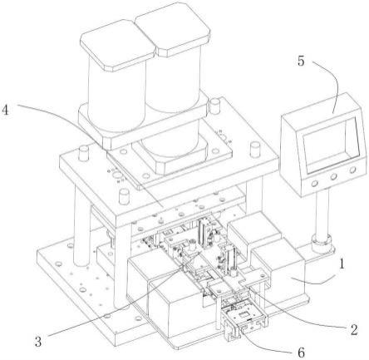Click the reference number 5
tap(301, 61)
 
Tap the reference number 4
tap(5, 110)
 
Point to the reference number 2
tap(353, 330)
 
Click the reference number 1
tap(342, 264)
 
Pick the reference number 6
tap(301, 353)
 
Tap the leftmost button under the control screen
tap(315, 183)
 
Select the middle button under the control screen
tap(333, 176)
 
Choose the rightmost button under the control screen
tap(352, 170)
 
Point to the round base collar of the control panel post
tap(322, 242)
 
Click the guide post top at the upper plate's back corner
tap(215, 106)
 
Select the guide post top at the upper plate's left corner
tap(83, 153)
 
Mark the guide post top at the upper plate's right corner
tap(254, 150)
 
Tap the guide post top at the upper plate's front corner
tap(125, 196)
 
